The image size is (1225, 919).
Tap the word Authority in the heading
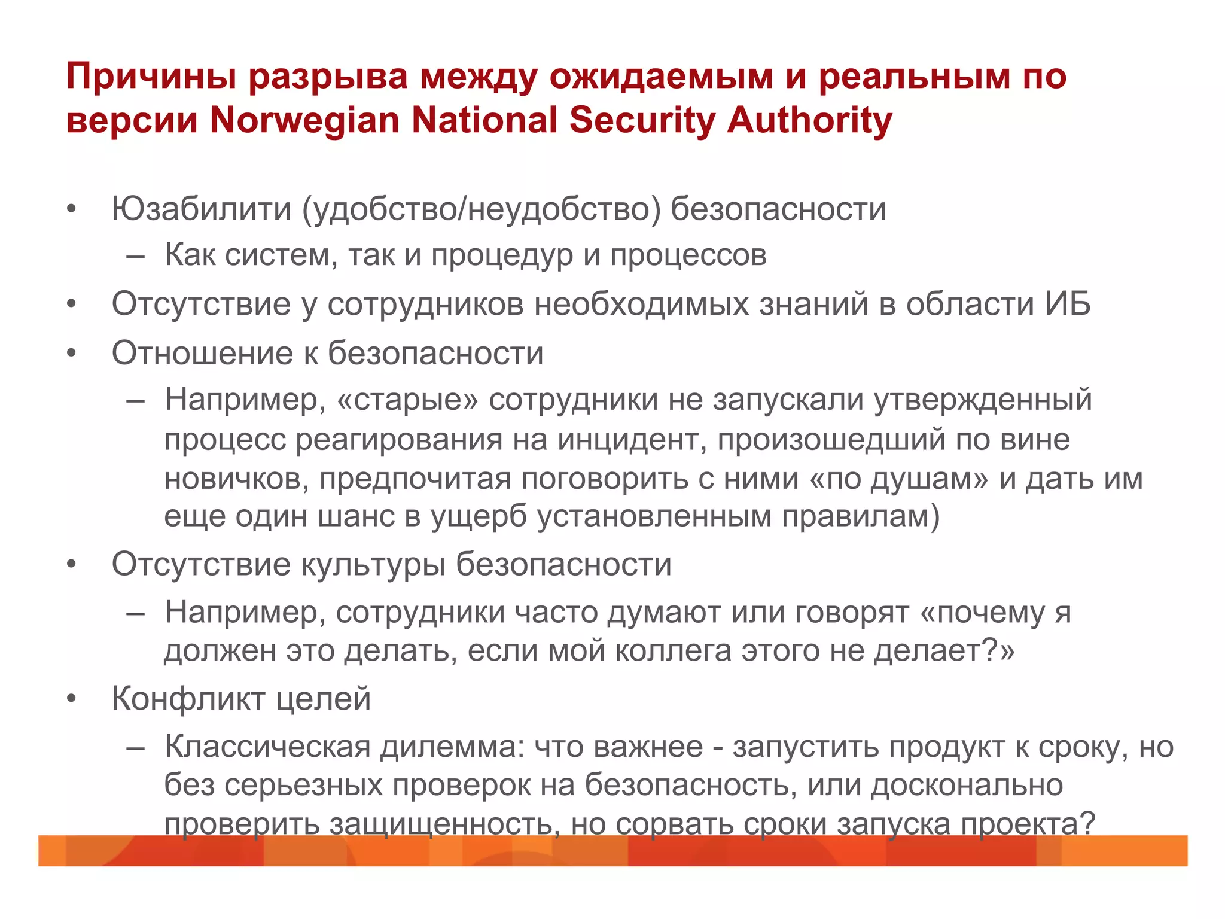point(809,120)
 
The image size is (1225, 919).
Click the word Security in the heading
point(642,120)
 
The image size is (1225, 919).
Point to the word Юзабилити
point(201,209)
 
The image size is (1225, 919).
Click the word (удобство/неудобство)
point(482,209)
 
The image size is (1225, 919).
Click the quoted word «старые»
point(408,399)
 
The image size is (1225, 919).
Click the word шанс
point(356,516)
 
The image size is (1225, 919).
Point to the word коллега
point(673,651)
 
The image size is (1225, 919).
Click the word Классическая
point(268,747)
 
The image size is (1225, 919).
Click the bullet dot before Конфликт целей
point(72,699)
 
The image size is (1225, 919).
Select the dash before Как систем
point(136,256)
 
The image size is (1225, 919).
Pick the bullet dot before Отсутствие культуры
point(72,564)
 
